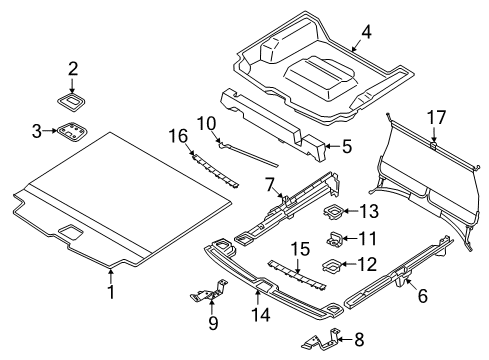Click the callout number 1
pos(112,320)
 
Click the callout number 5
pos(346,146)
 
